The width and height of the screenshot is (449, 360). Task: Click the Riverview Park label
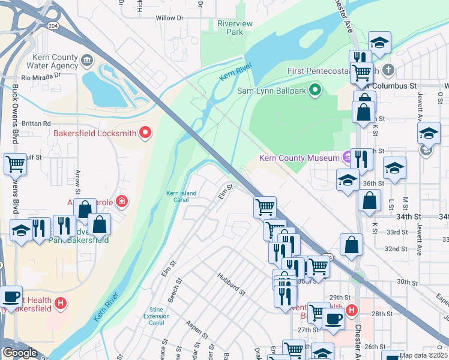[x=231, y=28]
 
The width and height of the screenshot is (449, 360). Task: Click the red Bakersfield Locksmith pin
[x=145, y=133]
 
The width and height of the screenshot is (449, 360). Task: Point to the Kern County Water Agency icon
[x=86, y=60]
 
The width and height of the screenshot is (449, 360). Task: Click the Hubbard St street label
[x=232, y=283]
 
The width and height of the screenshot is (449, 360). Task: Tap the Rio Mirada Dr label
[x=41, y=76]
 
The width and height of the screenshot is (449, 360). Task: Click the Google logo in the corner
[x=20, y=353]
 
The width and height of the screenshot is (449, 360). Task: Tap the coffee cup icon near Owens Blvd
[x=11, y=296]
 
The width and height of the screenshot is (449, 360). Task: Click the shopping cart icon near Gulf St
[x=15, y=163]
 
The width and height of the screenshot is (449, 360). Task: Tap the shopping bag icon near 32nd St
[x=351, y=244]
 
